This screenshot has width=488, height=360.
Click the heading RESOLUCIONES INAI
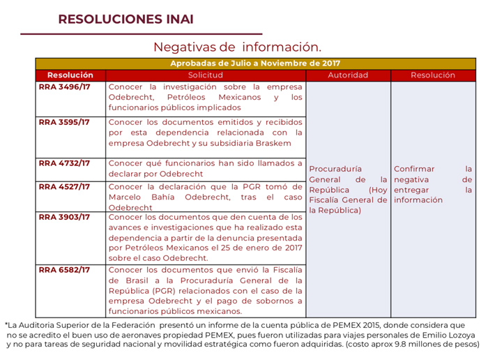[126, 19]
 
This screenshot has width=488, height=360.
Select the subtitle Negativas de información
[237, 47]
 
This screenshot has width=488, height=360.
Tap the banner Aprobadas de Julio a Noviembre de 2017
[255, 63]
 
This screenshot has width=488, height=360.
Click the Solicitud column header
[206, 75]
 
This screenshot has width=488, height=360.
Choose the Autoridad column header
[348, 75]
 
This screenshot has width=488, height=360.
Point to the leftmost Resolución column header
[70, 75]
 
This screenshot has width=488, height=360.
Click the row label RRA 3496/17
[65, 87]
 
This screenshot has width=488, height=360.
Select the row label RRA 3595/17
[65, 122]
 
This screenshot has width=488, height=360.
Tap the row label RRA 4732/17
[65, 163]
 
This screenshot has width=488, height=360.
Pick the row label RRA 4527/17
[65, 186]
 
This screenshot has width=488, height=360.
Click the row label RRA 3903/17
[65, 217]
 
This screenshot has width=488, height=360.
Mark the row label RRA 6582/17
[65, 269]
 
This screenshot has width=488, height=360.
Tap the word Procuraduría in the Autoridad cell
[335, 169]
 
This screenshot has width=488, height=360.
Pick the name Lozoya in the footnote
[462, 334]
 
